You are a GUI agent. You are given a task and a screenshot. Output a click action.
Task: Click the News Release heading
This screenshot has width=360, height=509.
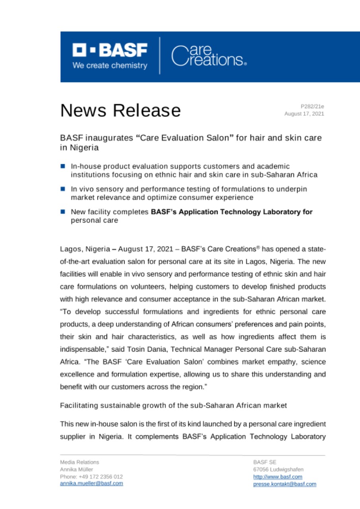tap(120, 110)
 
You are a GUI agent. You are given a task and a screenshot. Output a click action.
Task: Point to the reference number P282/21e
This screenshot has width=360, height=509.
tap(313, 107)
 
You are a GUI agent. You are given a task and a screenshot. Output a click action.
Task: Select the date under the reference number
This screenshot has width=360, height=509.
tap(304, 114)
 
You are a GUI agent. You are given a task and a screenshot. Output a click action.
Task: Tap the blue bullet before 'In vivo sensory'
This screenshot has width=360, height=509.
tap(63, 188)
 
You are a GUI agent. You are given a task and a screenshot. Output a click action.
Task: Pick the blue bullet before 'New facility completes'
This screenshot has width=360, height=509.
tap(63, 212)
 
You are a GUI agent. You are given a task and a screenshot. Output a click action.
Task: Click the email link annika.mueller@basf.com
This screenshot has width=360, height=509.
tap(91, 484)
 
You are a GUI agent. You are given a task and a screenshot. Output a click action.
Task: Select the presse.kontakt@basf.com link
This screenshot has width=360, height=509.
tap(284, 484)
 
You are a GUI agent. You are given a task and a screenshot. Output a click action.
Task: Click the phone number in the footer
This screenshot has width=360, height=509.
tap(91, 476)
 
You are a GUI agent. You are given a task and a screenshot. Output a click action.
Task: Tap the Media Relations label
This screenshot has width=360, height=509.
tap(80, 462)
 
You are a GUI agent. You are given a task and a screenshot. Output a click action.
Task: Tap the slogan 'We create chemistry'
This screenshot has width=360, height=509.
tap(110, 66)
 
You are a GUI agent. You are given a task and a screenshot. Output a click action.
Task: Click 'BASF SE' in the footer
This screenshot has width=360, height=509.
tap(262, 462)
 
